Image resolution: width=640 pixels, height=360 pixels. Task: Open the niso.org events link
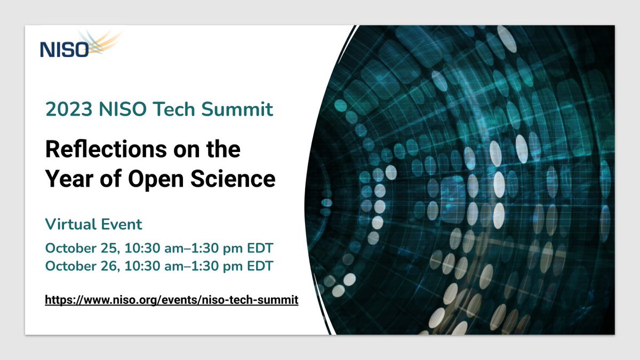point(171,300)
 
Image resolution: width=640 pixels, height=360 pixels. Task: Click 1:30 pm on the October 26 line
point(217,266)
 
